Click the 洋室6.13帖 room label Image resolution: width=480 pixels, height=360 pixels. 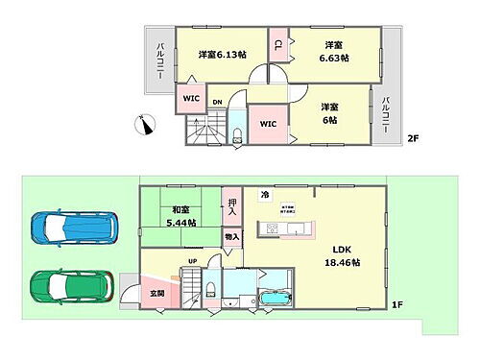222,55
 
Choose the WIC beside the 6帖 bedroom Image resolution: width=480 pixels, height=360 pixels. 267,123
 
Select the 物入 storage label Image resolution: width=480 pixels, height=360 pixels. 231,235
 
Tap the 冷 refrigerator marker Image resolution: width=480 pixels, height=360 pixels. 265,196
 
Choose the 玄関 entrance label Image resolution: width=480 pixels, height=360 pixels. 157,294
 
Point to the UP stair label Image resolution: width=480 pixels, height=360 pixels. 193,261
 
